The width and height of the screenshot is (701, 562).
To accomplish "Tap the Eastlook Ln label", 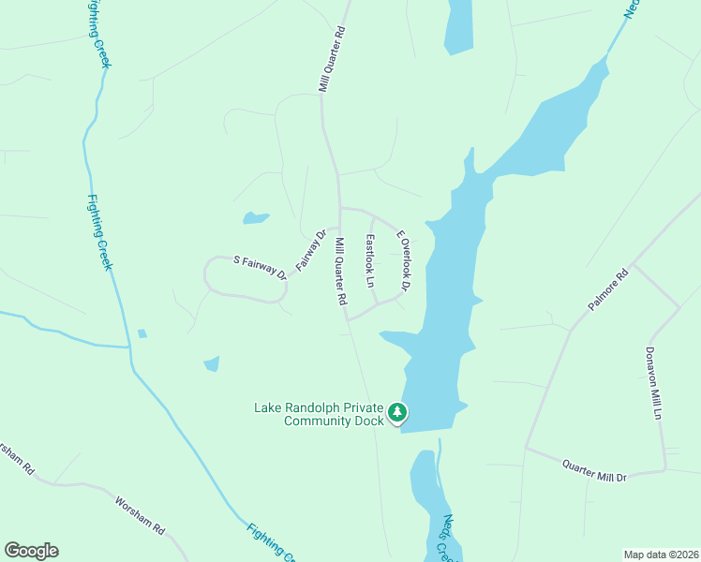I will (370, 260).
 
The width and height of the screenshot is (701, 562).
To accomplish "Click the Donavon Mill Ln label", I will (653, 384).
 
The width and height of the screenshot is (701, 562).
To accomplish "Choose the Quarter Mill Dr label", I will (593, 470).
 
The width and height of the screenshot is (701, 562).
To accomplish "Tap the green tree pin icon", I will (397, 412).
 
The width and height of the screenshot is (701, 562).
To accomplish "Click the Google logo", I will (31, 551).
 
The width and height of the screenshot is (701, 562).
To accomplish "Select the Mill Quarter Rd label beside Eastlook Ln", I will (341, 272).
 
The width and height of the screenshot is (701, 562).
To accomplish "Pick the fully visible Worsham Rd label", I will (140, 516).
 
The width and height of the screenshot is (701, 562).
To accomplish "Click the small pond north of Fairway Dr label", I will (255, 218).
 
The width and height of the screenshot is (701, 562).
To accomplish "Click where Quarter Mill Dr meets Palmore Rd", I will (526, 448).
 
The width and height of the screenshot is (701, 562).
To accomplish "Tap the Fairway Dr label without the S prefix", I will (310, 250).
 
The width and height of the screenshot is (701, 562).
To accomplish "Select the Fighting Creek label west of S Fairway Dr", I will (100, 232).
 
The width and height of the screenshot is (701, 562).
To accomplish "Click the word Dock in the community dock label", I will (369, 421).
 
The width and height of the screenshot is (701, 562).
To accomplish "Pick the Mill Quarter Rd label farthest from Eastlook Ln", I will (332, 58).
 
